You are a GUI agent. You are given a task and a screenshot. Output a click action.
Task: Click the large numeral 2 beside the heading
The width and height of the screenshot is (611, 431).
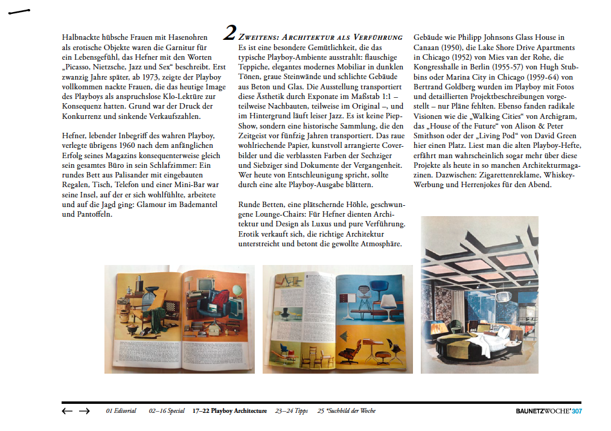point(229,33)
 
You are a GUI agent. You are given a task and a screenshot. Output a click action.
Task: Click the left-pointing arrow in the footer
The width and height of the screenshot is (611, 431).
point(67,411)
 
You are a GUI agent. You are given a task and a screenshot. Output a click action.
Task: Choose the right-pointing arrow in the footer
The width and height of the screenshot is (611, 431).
point(85,411)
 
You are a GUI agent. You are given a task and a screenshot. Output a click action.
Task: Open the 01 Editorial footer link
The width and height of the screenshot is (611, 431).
point(121,411)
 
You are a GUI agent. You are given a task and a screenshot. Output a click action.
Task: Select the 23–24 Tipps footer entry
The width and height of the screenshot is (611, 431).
point(291,411)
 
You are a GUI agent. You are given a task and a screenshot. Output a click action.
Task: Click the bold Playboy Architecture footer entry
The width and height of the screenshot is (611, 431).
point(229,411)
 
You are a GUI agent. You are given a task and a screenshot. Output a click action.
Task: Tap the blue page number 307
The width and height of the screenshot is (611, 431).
point(577,412)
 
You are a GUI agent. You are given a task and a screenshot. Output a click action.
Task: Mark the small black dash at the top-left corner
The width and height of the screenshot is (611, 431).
point(19,11)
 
